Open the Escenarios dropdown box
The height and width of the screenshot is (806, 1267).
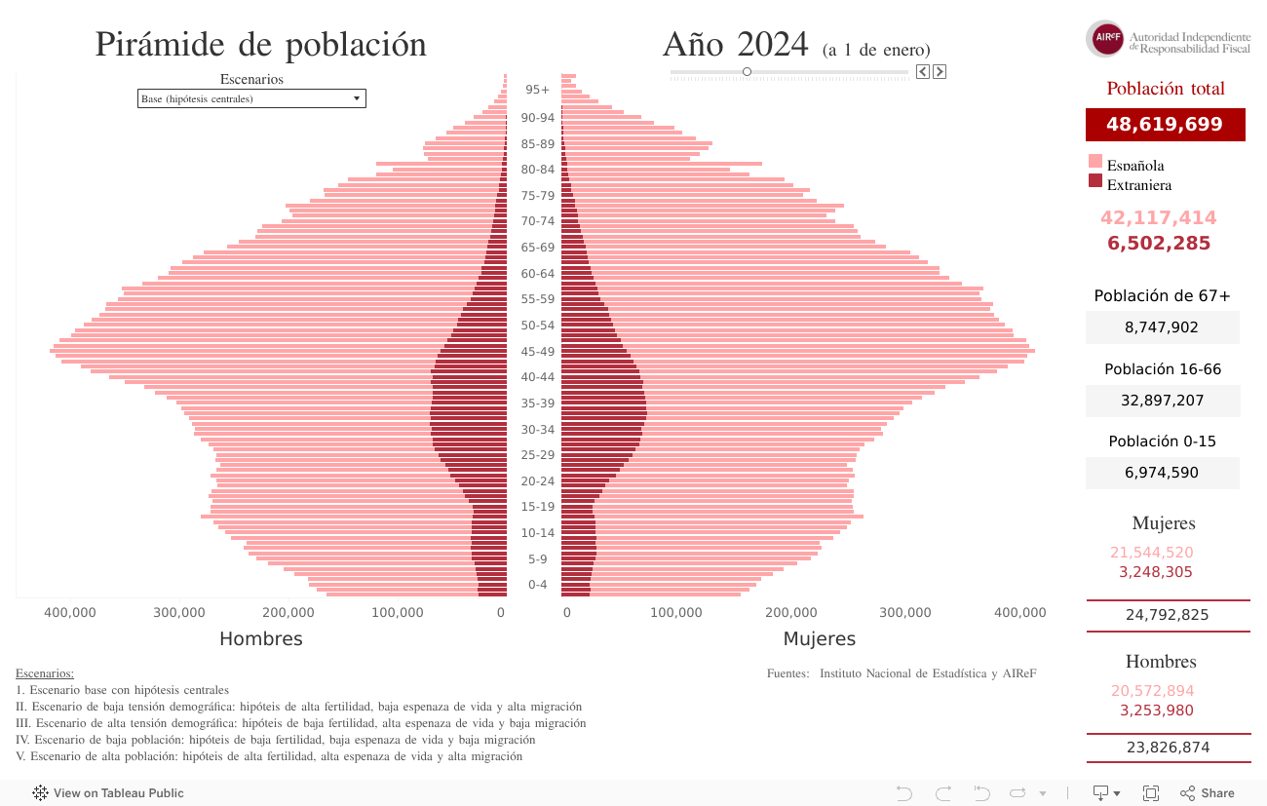[251, 98]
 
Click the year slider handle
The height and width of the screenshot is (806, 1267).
[747, 71]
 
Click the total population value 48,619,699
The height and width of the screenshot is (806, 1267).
[1165, 125]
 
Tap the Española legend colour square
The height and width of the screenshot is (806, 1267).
[1094, 162]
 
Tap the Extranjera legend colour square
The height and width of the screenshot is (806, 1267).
[1094, 180]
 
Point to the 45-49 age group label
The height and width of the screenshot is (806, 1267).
[537, 352]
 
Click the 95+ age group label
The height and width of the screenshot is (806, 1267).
[537, 90]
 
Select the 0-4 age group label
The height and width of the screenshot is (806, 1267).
[537, 585]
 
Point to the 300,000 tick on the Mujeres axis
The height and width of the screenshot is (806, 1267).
[906, 613]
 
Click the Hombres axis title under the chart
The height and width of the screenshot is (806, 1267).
[260, 639]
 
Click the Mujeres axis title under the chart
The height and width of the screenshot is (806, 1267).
[820, 639]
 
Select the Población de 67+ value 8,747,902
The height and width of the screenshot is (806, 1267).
[1162, 327]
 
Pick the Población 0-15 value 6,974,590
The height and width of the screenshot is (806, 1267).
[1162, 473]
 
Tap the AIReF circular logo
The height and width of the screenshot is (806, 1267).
[1105, 39]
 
